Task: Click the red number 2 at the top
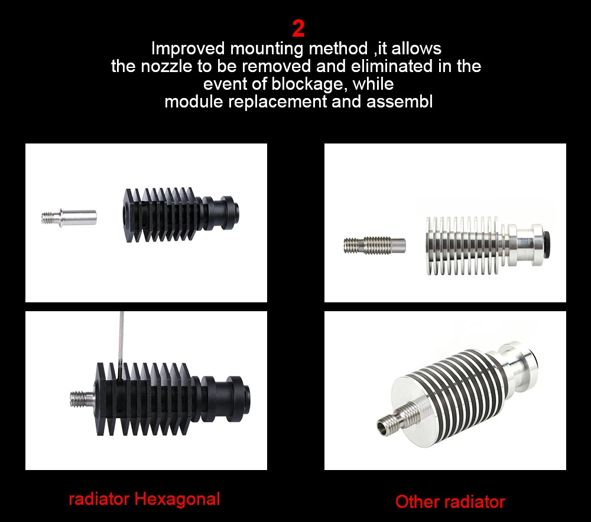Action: pos(298,28)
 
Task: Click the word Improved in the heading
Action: pos(189,48)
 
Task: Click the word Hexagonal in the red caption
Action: pos(177,499)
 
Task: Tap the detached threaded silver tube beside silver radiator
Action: pos(375,244)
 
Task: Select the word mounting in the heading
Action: pos(266,48)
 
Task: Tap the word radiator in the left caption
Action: pos(99,499)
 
